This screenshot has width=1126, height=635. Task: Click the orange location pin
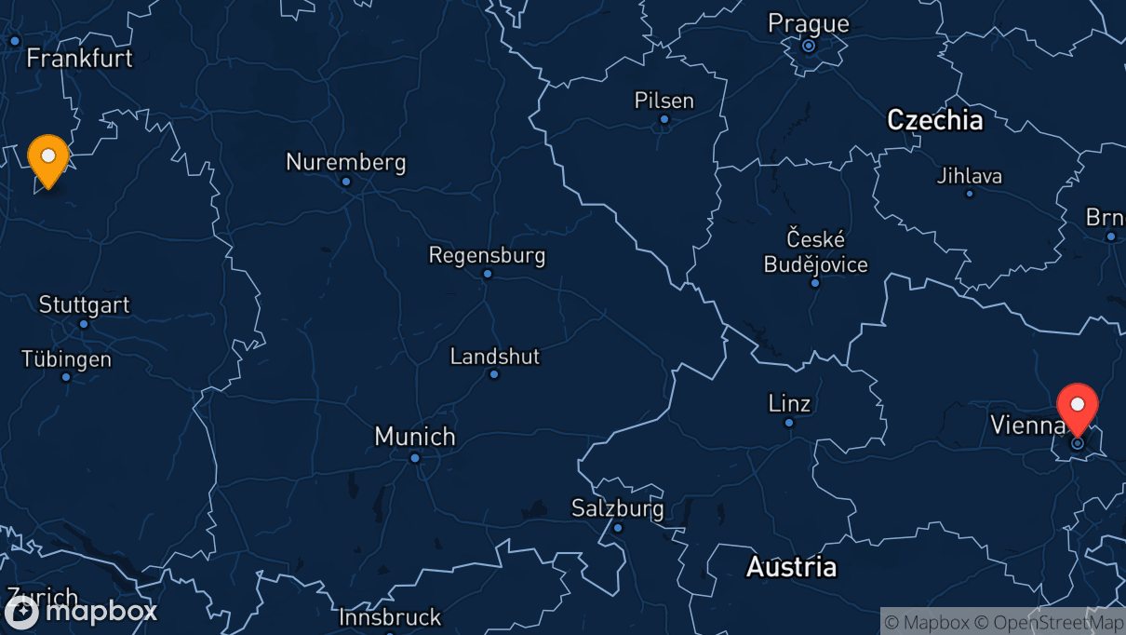tap(47, 159)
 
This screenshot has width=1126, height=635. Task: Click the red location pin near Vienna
tap(1078, 408)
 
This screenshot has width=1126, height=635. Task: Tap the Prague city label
tap(808, 23)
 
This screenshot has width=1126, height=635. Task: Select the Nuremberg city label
tap(345, 162)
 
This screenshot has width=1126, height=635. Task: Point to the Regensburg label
tap(487, 255)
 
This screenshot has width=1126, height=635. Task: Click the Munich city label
tap(415, 436)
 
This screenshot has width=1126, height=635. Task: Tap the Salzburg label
tap(618, 508)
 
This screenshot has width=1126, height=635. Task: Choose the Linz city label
tap(789, 404)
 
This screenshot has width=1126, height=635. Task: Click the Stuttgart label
tap(84, 304)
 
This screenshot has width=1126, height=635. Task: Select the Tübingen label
tap(66, 359)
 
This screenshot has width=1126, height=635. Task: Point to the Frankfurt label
tap(79, 58)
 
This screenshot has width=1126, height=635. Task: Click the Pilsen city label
tap(664, 101)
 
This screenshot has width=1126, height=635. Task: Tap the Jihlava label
tap(969, 175)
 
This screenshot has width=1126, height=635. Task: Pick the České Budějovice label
tap(815, 251)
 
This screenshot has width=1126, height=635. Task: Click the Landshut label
tap(494, 357)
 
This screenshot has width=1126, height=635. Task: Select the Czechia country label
tap(934, 120)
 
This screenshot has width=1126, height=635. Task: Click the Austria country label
tap(791, 567)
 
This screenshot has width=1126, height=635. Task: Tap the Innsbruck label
tap(389, 616)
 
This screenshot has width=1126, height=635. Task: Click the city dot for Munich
tap(415, 457)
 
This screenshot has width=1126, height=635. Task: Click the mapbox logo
tap(82, 612)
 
